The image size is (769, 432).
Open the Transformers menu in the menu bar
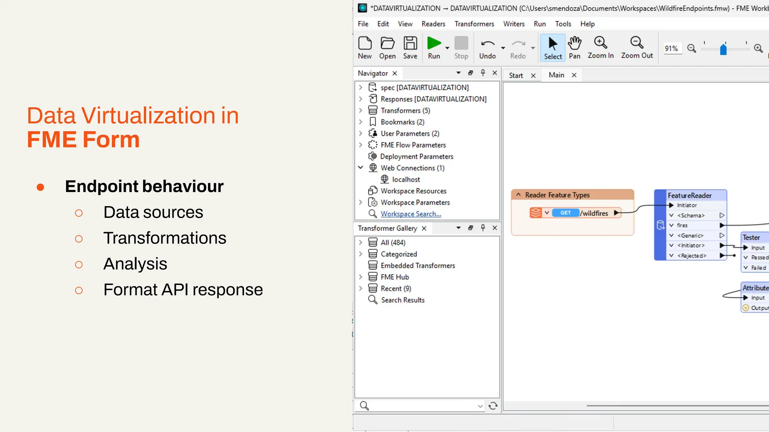pyautogui.click(x=474, y=24)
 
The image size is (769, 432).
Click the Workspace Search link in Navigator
pyautogui.click(x=411, y=214)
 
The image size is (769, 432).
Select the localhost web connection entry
pyautogui.click(x=406, y=180)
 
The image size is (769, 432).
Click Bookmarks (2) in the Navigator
pyautogui.click(x=402, y=122)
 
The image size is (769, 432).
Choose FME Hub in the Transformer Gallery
pyautogui.click(x=395, y=277)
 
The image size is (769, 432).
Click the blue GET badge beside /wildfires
pyautogui.click(x=565, y=213)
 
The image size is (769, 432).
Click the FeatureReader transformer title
pyautogui.click(x=689, y=195)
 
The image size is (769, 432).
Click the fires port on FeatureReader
pyautogui.click(x=682, y=225)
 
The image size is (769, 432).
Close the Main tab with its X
pyautogui.click(x=574, y=75)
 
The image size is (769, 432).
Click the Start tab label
pyautogui.click(x=516, y=75)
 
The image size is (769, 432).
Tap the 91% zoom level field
pyautogui.click(x=671, y=48)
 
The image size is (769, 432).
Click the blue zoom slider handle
pyautogui.click(x=723, y=49)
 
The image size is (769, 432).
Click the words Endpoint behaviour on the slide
pyautogui.click(x=144, y=186)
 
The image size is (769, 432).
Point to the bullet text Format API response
pyautogui.click(x=183, y=290)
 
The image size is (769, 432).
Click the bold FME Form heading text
pyautogui.click(x=83, y=139)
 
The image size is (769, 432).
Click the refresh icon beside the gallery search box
pyautogui.click(x=493, y=406)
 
